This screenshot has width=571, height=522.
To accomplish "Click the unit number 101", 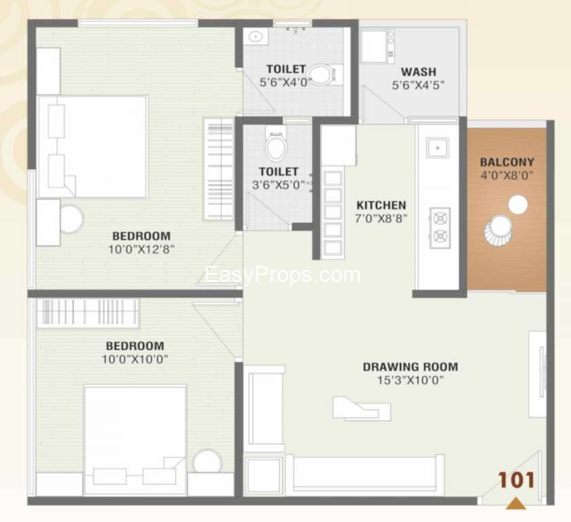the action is (517, 480).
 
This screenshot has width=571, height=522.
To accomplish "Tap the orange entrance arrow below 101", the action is (516, 504).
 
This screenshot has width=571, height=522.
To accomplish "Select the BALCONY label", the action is (507, 162).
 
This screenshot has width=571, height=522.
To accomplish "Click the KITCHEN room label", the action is (381, 205).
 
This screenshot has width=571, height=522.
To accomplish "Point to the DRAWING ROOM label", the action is (411, 366).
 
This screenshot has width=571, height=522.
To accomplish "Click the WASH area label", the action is (419, 72).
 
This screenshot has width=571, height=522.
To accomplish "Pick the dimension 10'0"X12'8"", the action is (141, 249).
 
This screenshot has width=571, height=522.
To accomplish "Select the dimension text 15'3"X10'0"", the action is (411, 381).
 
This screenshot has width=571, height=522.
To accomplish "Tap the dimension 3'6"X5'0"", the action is (279, 185).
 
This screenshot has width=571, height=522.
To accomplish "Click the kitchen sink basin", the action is (437, 147).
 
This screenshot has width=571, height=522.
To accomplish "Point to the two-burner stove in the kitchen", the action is (440, 228).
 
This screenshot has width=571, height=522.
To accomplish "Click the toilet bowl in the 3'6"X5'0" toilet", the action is (275, 145).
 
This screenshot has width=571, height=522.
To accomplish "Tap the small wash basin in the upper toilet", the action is (256, 37).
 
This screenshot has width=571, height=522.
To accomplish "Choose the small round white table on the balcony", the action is (517, 205).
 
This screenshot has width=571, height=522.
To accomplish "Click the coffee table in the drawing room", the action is (362, 409).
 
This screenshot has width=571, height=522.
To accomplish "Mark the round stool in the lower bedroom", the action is (207, 462).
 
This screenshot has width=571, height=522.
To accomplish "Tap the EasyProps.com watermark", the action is (283, 275).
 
